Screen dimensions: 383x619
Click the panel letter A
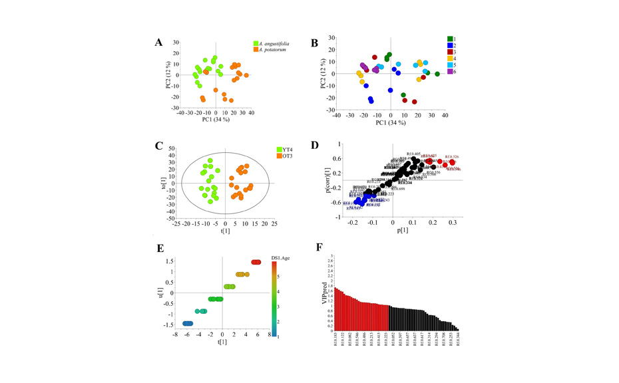pos(158,43)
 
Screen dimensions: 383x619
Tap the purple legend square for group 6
pos(451,71)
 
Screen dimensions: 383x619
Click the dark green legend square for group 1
pos(451,39)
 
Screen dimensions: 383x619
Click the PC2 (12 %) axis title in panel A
pos(169,75)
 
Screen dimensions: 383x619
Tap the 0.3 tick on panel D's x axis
pos(453,223)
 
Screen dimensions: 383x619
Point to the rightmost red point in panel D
pos(452,162)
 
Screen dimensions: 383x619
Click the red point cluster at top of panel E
pos(256,262)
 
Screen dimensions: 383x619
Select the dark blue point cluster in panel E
pos(188,323)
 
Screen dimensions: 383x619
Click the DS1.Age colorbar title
pos(280,257)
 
